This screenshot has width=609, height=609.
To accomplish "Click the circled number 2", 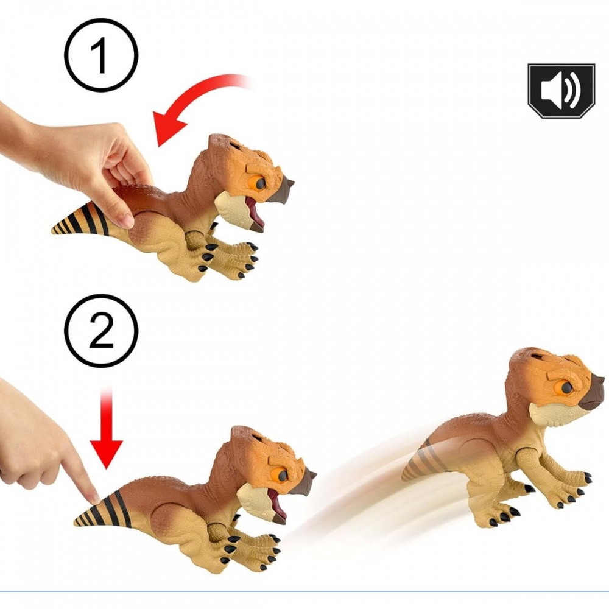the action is [x=101, y=331].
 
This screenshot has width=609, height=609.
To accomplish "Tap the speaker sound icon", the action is [x=561, y=91].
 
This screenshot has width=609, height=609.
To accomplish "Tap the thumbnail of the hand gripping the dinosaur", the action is [x=126, y=220].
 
